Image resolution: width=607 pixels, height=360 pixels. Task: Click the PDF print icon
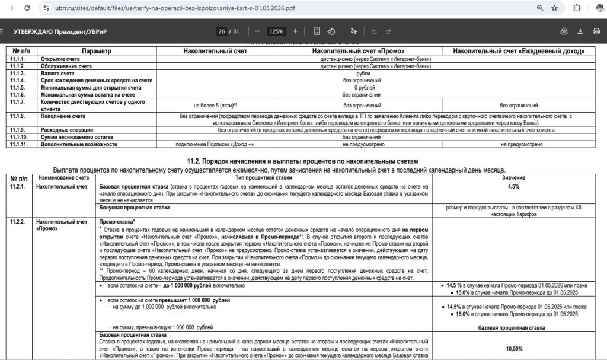point(596,31)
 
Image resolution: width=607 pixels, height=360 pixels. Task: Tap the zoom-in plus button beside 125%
point(295,31)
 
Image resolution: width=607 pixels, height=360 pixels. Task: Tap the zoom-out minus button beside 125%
point(257,31)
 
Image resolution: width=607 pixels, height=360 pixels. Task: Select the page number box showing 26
point(222,31)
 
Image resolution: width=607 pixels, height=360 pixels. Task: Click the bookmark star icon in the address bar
point(554,8)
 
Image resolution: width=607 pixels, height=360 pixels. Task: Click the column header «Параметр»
point(97,52)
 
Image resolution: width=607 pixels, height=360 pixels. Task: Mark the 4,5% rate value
point(513,187)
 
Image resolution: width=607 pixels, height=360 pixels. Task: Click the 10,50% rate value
point(513,349)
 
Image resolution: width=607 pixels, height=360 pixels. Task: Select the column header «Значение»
point(513,178)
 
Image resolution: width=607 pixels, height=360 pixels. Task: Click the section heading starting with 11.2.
point(303,161)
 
